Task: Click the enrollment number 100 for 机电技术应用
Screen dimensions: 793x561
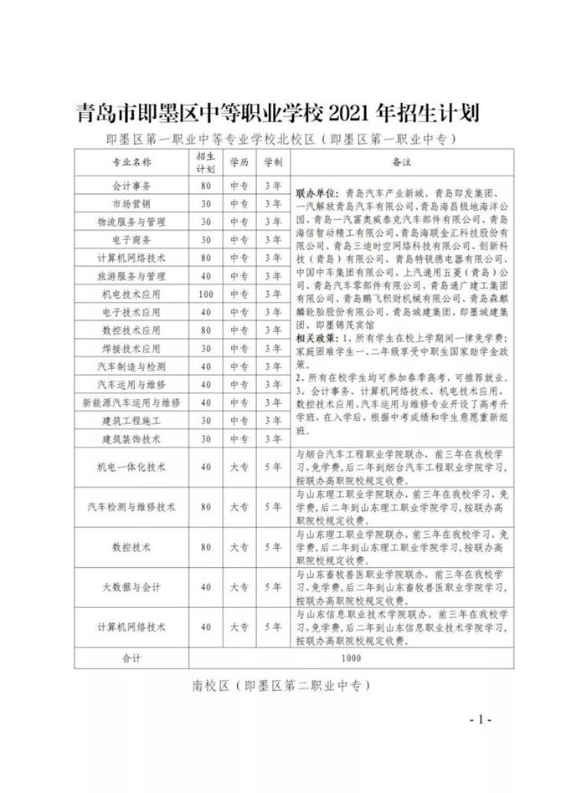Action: pyautogui.click(x=205, y=294)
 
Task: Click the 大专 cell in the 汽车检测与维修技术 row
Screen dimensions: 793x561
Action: pyautogui.click(x=239, y=507)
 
